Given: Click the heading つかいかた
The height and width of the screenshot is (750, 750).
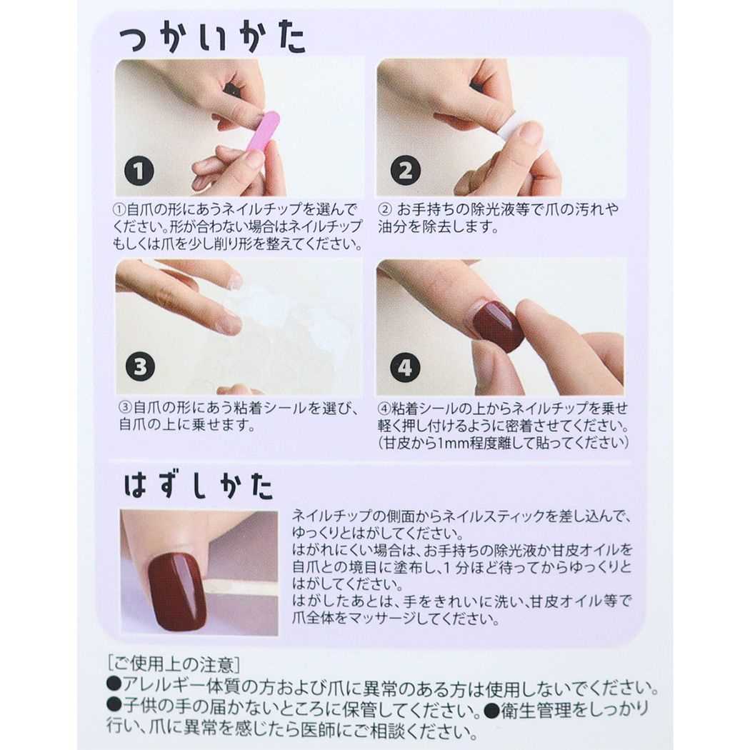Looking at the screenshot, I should [212, 41].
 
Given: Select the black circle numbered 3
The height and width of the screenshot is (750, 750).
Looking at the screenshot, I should [139, 367].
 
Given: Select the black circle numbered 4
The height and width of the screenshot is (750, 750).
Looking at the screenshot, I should [405, 368].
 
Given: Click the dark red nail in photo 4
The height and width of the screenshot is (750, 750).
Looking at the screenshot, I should [499, 326].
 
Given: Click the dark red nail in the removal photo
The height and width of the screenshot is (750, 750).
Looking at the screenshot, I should [177, 589].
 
